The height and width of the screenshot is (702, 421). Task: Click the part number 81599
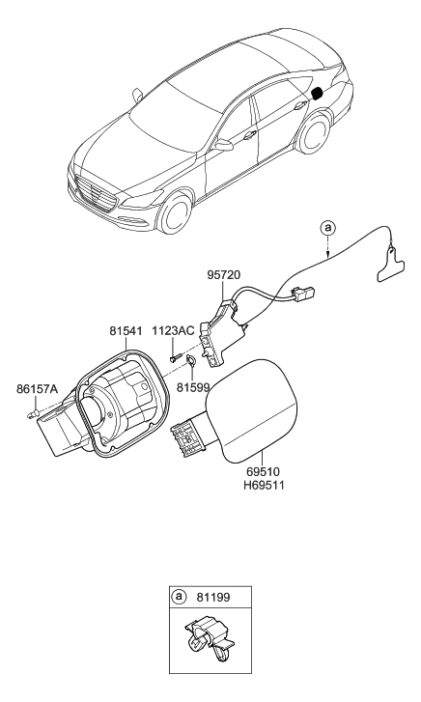[x=194, y=386]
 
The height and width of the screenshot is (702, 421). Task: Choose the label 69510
[x=264, y=470]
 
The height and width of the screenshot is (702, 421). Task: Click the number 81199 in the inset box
[x=214, y=598]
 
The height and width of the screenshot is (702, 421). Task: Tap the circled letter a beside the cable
[x=329, y=228]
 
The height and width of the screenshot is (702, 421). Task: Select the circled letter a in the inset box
[x=181, y=598]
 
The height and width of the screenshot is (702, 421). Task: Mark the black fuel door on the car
[x=316, y=94]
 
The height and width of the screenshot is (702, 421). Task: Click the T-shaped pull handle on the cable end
[x=389, y=263]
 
